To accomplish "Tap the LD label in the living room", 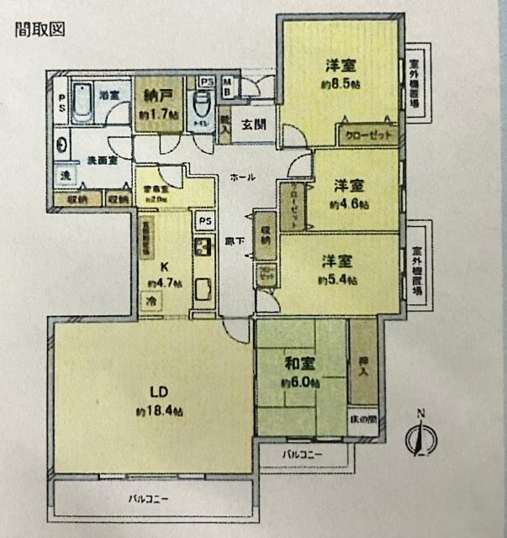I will (x=156, y=392).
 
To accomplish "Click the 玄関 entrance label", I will (x=253, y=125).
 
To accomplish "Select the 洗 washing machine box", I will (x=65, y=176).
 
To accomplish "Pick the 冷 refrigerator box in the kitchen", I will (x=152, y=302).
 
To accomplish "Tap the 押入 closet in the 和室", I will (x=364, y=362).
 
